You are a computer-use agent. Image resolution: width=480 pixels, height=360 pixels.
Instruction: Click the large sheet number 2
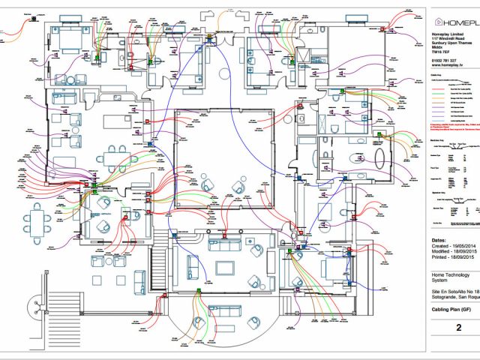[457, 328]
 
